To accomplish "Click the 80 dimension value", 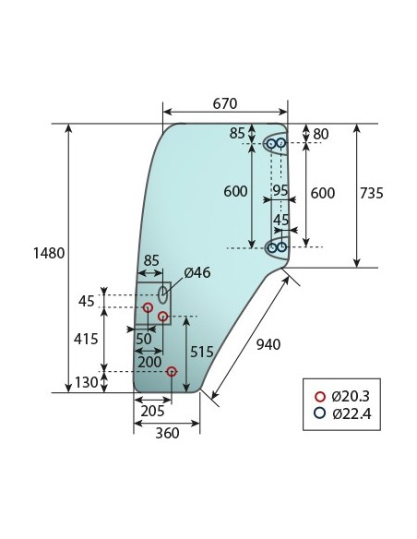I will [320, 135].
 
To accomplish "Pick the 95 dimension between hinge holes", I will [280, 189].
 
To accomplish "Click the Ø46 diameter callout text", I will [197, 272].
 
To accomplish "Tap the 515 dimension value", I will [204, 352].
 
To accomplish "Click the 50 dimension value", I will [144, 339].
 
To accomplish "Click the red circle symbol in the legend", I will [320, 396].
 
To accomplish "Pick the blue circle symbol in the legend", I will [320, 413].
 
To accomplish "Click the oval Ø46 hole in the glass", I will [163, 294].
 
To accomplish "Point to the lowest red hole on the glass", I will [172, 372].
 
